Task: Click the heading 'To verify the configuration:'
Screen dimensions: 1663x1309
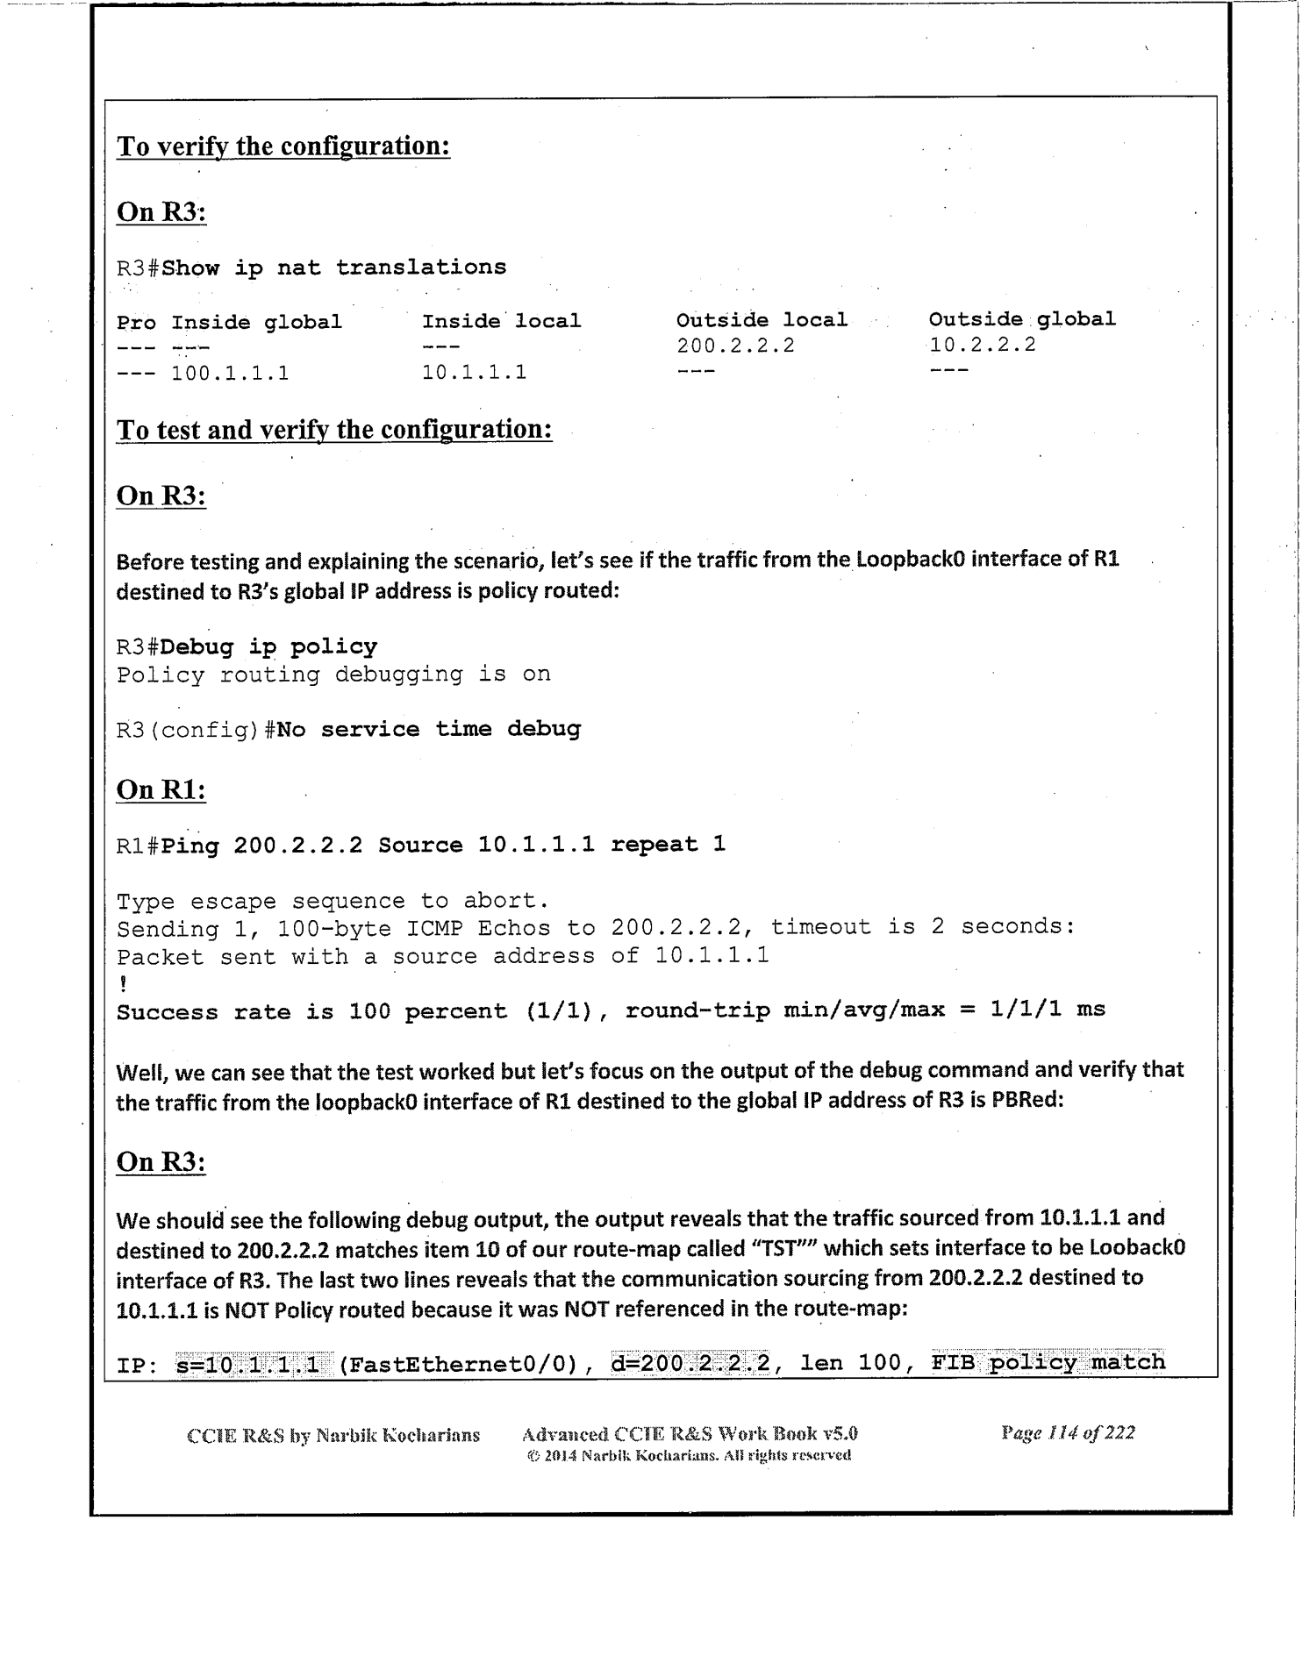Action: [283, 146]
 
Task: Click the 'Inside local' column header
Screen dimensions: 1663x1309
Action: [501, 321]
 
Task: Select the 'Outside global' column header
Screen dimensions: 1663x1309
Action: [1022, 319]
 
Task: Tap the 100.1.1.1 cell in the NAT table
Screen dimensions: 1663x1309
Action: [230, 374]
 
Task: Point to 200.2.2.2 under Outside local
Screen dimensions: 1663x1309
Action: [735, 346]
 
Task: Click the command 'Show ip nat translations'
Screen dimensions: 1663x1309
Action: [334, 268]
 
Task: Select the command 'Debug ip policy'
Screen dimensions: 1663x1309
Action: [269, 647]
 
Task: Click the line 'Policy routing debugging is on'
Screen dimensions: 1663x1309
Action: [333, 674]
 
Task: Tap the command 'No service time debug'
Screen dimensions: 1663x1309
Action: [428, 729]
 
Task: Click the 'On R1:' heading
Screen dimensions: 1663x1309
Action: [161, 789]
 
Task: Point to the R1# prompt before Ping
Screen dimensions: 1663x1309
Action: [138, 846]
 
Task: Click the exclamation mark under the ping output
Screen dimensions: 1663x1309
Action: [122, 984]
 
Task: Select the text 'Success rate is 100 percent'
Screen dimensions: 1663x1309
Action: [312, 1011]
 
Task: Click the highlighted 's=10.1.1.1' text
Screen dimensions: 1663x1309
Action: [248, 1362]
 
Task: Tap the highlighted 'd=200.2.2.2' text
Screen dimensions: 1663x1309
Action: [690, 1362]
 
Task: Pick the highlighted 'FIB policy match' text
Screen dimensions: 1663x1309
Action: [1048, 1362]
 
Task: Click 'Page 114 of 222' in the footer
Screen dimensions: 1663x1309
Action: [1068, 1432]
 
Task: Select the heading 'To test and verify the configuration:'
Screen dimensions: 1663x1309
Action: [334, 430]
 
